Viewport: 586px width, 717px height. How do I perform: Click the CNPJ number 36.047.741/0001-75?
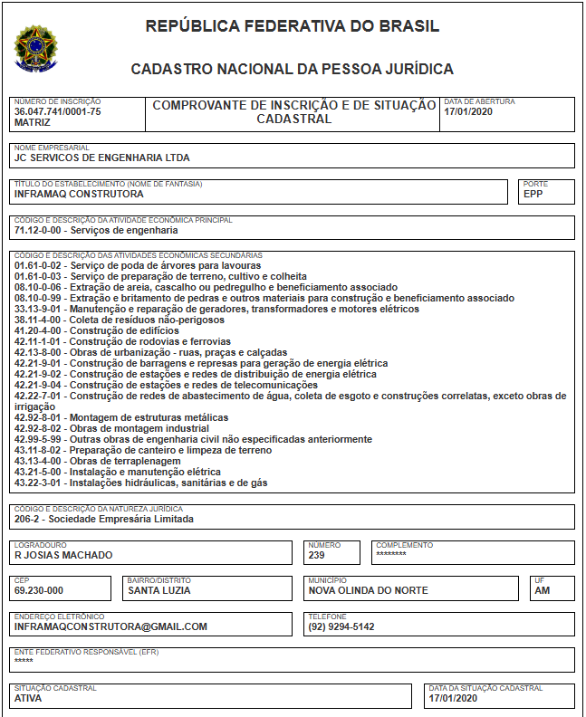point(58,111)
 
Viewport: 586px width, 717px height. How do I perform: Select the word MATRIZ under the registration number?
point(33,122)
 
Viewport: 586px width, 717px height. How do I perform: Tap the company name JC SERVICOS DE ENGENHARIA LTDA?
point(102,158)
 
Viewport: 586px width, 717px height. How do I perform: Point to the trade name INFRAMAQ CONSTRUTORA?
point(79,194)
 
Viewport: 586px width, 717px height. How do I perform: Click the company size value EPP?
point(533,194)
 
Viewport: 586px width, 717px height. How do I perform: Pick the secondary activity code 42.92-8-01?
point(40,417)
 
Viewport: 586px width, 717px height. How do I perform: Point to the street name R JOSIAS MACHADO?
point(63,555)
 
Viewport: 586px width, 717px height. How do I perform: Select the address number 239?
point(316,555)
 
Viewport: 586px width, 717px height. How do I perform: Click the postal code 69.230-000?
point(39,590)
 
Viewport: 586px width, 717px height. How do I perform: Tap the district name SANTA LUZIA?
point(159,590)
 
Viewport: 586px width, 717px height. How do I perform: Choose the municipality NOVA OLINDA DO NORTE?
point(368,590)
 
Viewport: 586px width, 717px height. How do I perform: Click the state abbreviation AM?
point(542,590)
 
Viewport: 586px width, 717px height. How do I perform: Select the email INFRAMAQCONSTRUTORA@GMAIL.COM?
point(111,626)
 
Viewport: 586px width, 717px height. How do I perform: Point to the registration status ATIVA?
point(27,698)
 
